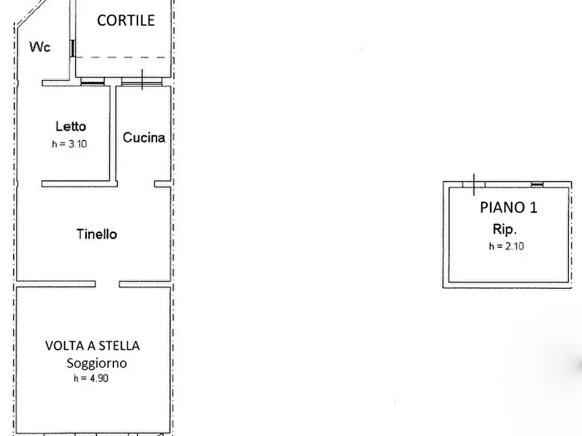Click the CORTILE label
point(126,20)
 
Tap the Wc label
point(40,47)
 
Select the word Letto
point(70,126)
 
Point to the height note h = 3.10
point(69,144)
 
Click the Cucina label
point(143,137)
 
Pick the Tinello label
point(96,234)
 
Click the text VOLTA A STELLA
point(92,346)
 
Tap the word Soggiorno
point(96,363)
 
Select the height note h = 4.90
point(91,378)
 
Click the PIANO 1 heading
point(508,208)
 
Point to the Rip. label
point(504,229)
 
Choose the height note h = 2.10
point(506,246)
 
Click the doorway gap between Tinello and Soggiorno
point(108,284)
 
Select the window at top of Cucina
point(141,83)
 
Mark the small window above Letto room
point(92,83)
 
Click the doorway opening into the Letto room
point(132,184)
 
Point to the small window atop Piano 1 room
point(537,184)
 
